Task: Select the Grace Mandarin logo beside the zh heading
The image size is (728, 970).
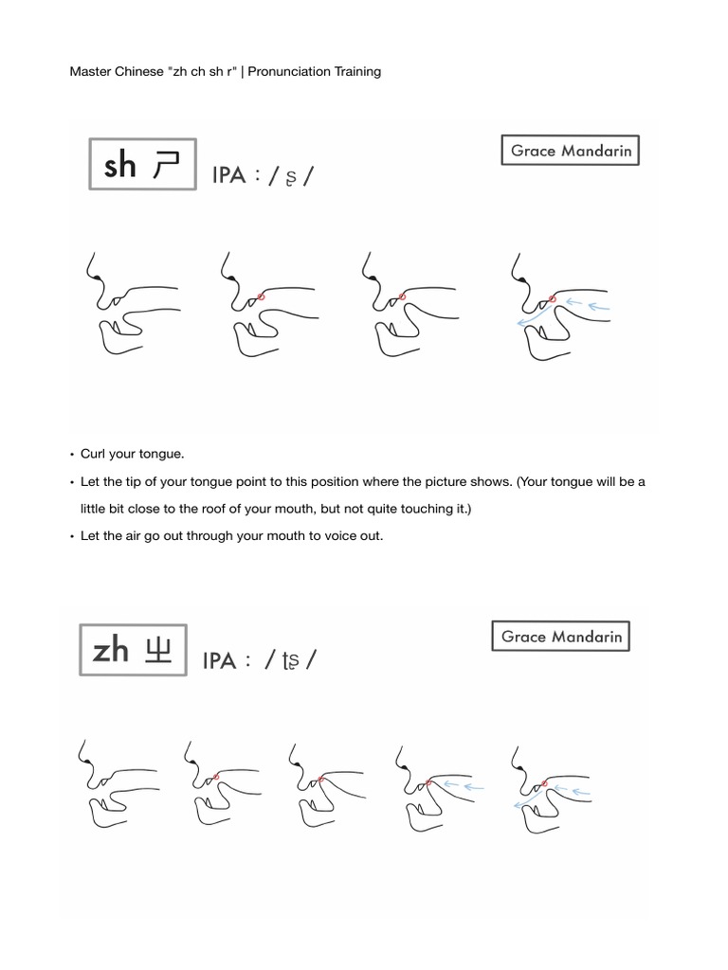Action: pos(561,637)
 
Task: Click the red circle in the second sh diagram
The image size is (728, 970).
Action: pos(262,296)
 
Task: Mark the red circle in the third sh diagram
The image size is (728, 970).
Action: pos(402,296)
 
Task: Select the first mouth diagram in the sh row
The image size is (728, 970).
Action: pos(132,304)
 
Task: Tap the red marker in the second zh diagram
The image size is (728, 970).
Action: pos(217,777)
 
